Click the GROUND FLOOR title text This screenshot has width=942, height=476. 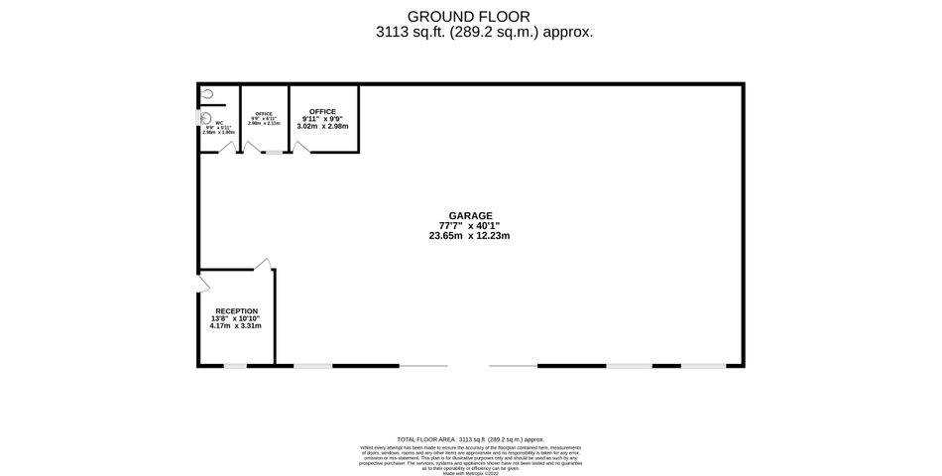pyautogui.click(x=470, y=16)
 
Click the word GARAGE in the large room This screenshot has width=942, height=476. pyautogui.click(x=470, y=215)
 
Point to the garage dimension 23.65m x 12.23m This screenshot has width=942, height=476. pyautogui.click(x=470, y=236)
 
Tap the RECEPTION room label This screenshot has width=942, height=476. pyautogui.click(x=236, y=310)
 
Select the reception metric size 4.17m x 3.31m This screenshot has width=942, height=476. pyautogui.click(x=236, y=326)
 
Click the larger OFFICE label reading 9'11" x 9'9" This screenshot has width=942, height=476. pyautogui.click(x=322, y=111)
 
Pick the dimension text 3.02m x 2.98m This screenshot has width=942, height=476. pyautogui.click(x=322, y=127)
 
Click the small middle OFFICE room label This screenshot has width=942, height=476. pyautogui.click(x=264, y=114)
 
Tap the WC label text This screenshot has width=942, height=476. pyautogui.click(x=219, y=123)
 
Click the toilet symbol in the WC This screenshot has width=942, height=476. pyautogui.click(x=207, y=94)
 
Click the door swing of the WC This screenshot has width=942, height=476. pyautogui.click(x=228, y=148)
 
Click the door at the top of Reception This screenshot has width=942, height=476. pyautogui.click(x=262, y=264)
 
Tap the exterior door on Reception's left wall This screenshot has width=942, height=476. pyautogui.click(x=203, y=282)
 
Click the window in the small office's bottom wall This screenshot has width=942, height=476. pyautogui.click(x=272, y=153)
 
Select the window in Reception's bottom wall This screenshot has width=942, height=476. pyautogui.click(x=235, y=366)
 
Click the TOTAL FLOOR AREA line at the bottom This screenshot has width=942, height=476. pyautogui.click(x=470, y=438)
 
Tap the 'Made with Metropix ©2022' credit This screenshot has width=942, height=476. pyautogui.click(x=470, y=473)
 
